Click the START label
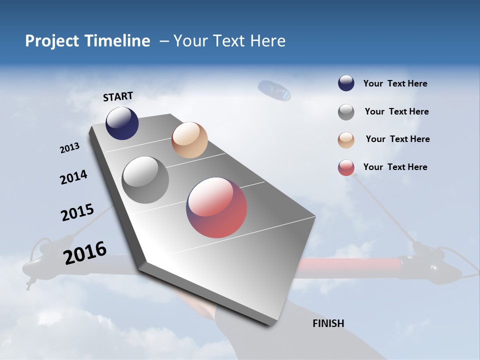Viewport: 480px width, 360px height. (x=118, y=96)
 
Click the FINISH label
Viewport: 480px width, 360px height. (x=328, y=323)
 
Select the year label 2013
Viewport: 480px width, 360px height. (x=69, y=148)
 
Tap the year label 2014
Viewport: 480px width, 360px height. (x=73, y=177)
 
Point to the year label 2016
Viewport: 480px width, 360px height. (x=85, y=253)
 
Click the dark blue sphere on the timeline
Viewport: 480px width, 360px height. (x=122, y=123)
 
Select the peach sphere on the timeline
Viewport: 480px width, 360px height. (x=189, y=140)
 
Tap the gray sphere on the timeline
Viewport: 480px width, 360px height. (x=145, y=180)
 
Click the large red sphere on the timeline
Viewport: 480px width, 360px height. (x=216, y=207)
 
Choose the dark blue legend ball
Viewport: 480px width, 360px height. (x=346, y=83)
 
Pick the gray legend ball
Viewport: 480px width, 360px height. (x=346, y=112)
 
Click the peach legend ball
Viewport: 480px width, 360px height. (x=346, y=140)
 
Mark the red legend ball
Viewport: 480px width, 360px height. (x=346, y=168)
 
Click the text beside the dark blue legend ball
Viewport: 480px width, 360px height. (x=395, y=83)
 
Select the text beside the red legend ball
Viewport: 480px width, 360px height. (x=395, y=167)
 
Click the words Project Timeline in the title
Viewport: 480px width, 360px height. (x=87, y=41)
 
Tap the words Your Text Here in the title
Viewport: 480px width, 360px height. (x=229, y=41)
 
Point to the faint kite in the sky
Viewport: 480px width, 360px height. (x=274, y=90)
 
